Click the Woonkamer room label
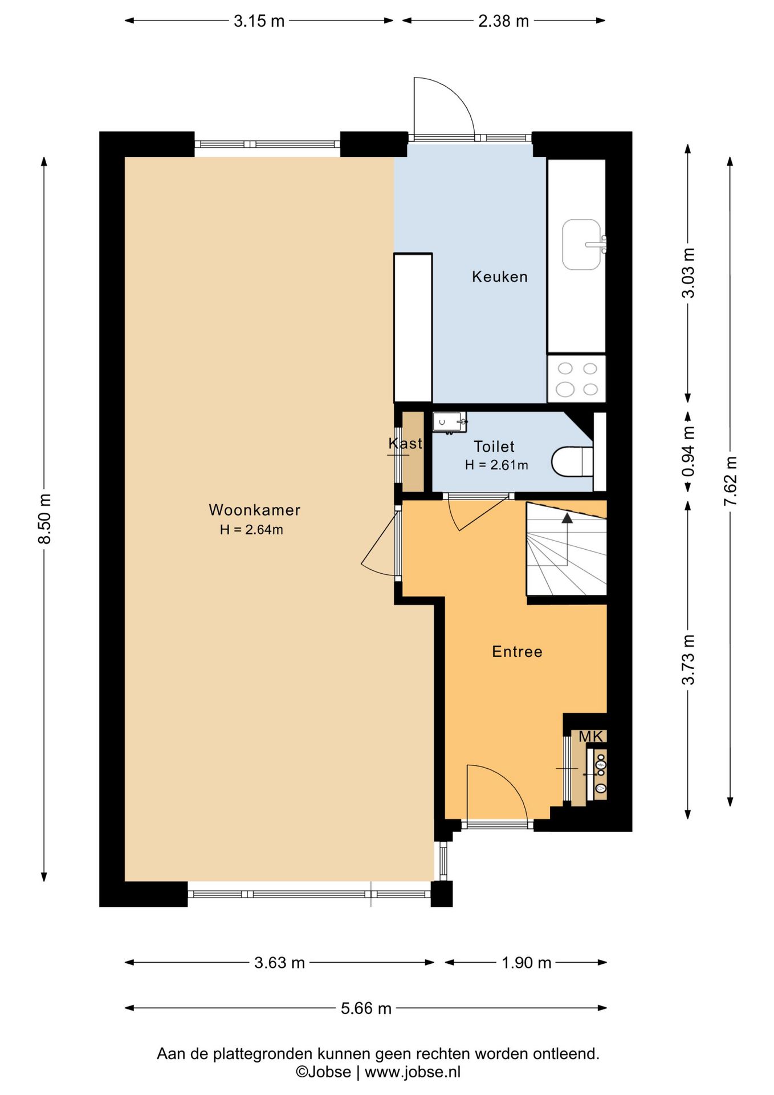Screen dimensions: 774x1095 [254, 510]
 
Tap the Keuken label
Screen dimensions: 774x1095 [500, 277]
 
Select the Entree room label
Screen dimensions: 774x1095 [517, 651]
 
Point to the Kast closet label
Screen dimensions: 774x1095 [405, 443]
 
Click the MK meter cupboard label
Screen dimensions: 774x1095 [590, 737]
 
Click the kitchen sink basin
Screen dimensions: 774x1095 [582, 245]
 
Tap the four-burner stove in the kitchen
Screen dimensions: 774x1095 [577, 379]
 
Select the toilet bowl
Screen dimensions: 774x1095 [572, 462]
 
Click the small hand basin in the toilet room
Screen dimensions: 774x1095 [449, 422]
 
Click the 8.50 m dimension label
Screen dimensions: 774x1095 [44, 519]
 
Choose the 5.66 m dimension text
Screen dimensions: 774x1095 [366, 1008]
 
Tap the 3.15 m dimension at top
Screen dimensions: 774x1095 [259, 21]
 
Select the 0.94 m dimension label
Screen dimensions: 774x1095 [689, 452]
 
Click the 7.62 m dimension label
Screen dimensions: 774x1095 [730, 481]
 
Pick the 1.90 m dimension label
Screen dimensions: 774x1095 [526, 963]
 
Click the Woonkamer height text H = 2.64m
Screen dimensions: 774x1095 [251, 529]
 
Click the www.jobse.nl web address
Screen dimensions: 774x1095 [413, 1072]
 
